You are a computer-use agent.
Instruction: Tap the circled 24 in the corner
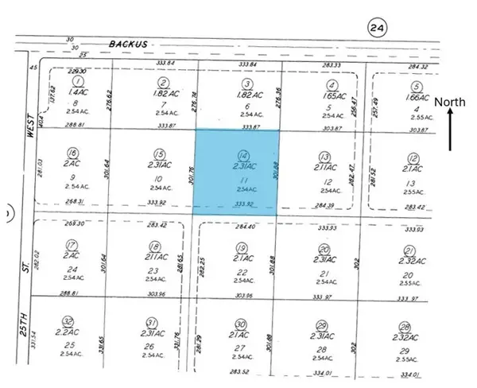tap(378, 29)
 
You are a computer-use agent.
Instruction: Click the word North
tap(451, 101)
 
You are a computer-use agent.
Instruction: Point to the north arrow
tap(451, 131)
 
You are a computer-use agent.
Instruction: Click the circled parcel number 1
tap(78, 82)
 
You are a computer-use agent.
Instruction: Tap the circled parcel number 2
tap(163, 82)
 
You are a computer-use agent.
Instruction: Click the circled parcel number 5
tap(416, 85)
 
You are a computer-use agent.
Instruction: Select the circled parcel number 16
tap(73, 153)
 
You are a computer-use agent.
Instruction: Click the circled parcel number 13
tap(324, 157)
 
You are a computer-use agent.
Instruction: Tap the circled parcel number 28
tap(405, 327)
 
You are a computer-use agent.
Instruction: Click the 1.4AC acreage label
tap(78, 92)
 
